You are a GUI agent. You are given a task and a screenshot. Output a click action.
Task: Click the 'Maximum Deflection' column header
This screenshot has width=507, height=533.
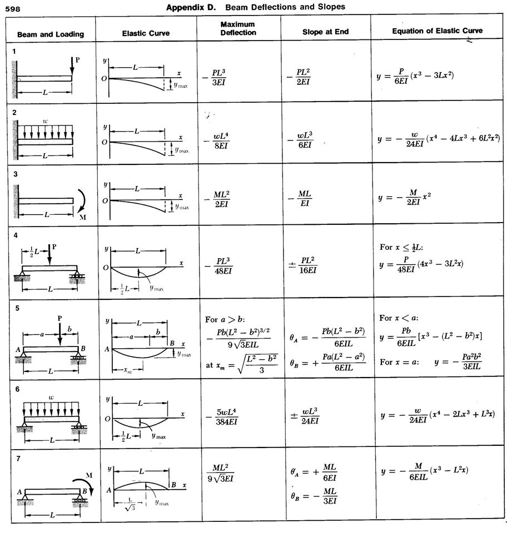[x=237, y=29]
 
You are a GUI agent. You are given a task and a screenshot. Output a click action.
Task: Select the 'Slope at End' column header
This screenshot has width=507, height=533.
[x=325, y=32]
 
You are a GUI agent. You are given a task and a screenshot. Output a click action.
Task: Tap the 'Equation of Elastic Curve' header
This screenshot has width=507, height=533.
[x=437, y=31]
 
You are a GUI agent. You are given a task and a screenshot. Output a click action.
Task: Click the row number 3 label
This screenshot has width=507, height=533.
[x=15, y=174]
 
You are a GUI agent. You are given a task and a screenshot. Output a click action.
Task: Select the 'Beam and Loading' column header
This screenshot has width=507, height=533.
[x=51, y=34]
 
